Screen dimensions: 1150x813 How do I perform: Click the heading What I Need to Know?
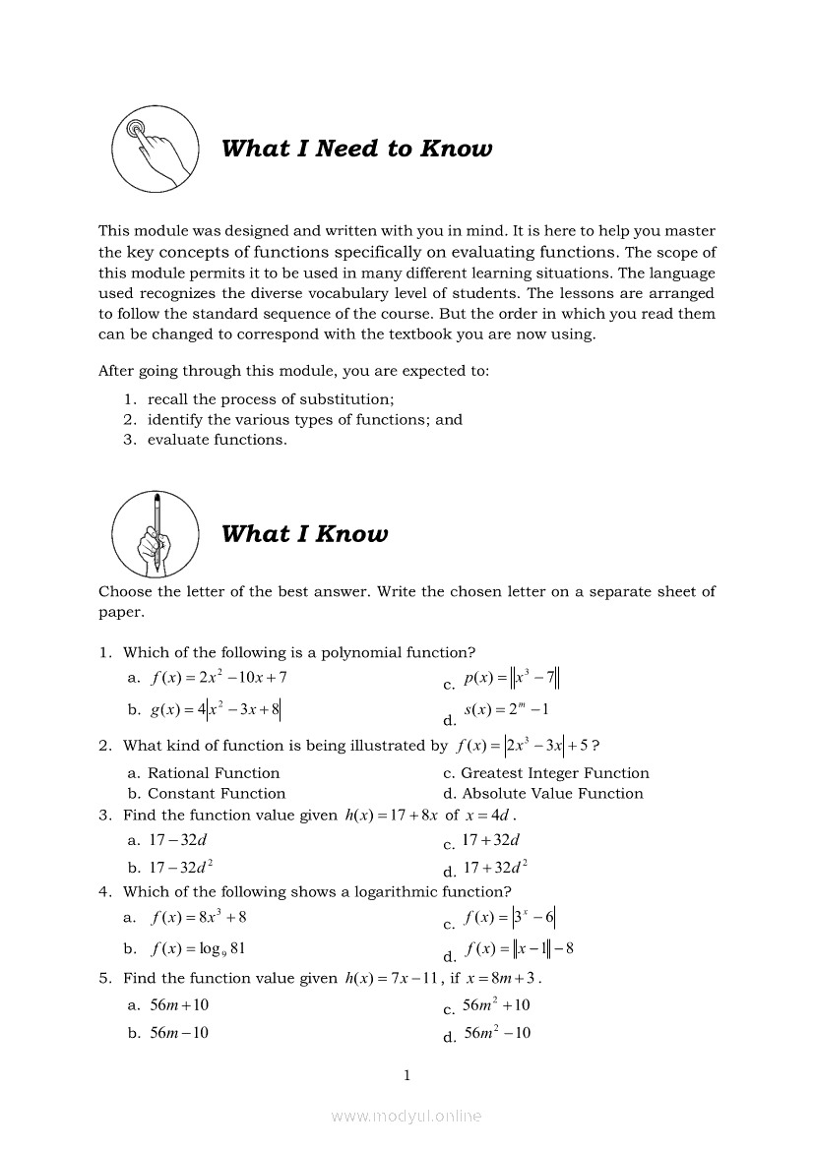[356, 149]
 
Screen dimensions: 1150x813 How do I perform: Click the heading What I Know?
[304, 534]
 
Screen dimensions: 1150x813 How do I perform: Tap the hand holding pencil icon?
[155, 534]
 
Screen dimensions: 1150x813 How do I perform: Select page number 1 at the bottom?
[406, 1075]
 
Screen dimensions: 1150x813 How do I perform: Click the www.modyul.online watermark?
[406, 1117]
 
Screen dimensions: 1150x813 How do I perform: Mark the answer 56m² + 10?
[496, 1005]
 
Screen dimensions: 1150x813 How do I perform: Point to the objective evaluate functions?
[217, 440]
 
